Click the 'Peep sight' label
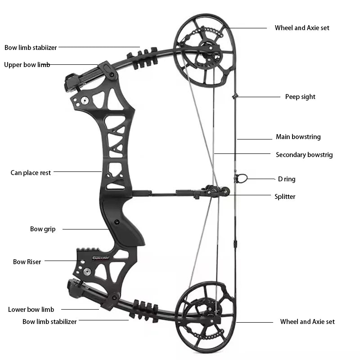[300, 97]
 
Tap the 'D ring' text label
[287, 179]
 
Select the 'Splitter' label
[285, 197]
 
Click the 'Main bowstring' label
[298, 137]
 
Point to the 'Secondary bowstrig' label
[304, 155]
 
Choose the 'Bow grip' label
[43, 229]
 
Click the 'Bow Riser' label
[27, 262]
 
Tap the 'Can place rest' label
[31, 173]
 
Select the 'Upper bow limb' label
[27, 65]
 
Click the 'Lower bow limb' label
[31, 310]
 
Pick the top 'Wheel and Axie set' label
[302, 28]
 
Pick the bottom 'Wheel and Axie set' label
[307, 322]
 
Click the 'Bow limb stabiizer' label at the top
[31, 47]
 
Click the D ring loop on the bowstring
[242, 179]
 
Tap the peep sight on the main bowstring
[235, 96]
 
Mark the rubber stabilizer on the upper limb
[142, 59]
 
